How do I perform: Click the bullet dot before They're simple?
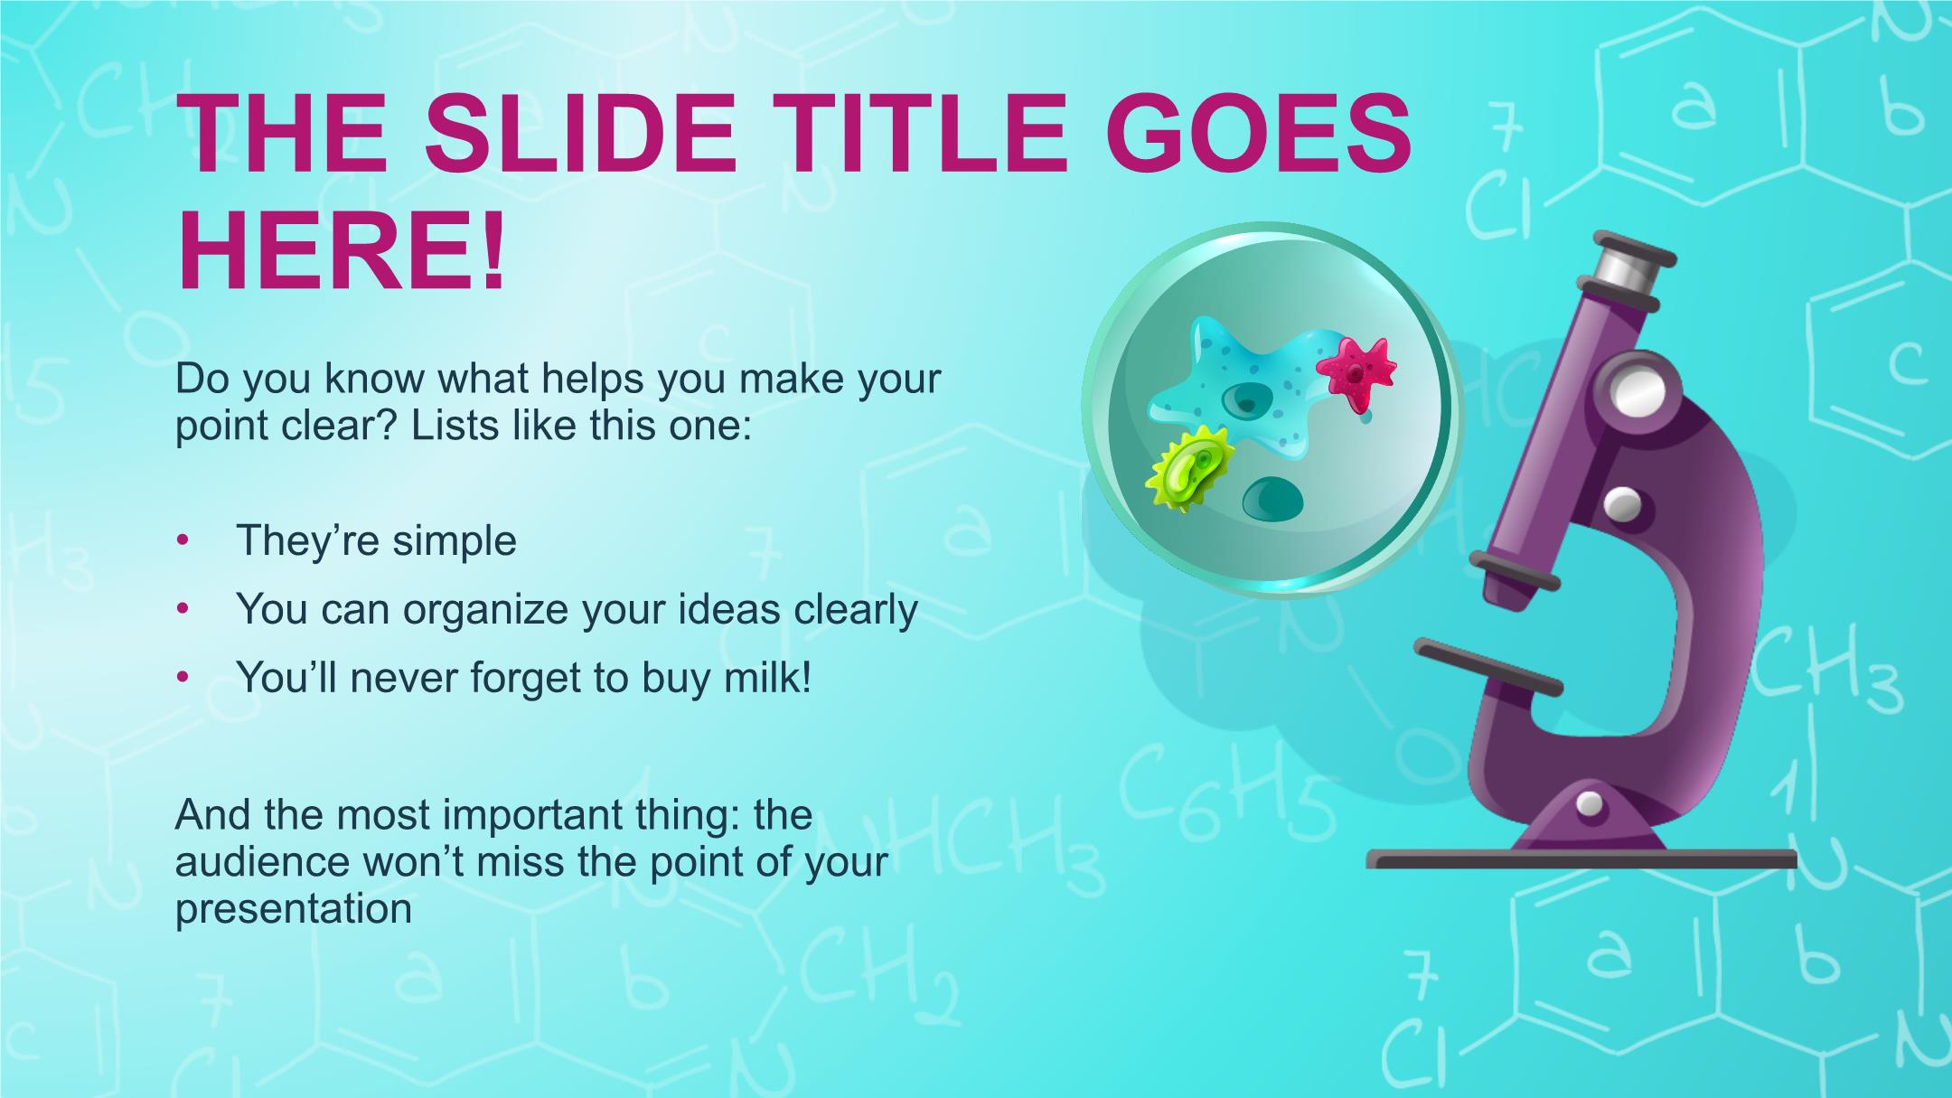tap(183, 540)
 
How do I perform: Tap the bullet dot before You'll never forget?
tap(183, 677)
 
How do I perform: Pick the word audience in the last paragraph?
tap(262, 861)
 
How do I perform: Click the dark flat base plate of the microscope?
tap(1581, 859)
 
